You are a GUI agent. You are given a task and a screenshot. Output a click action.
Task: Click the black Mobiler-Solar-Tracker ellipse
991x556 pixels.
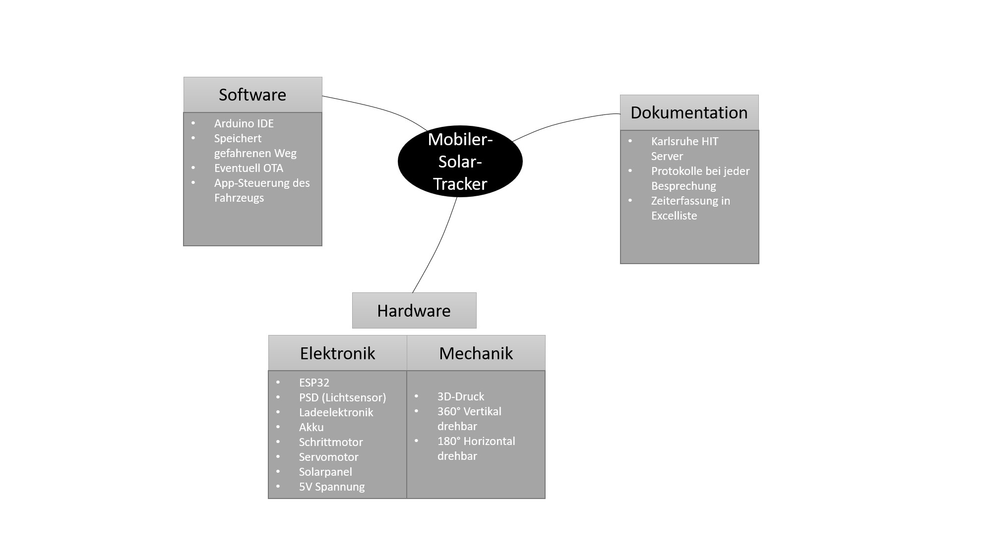point(460,162)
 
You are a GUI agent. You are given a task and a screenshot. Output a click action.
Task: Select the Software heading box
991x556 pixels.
point(252,95)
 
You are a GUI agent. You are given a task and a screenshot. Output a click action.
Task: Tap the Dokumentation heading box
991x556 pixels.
point(689,112)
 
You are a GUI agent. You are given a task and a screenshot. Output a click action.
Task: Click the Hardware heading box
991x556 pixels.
point(414,311)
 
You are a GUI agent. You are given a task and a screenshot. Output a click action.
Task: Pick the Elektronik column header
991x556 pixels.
point(337,353)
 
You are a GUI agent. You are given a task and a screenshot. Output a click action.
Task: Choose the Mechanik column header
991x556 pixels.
point(476,353)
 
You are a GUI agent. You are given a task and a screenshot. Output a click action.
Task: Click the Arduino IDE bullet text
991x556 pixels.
point(244,123)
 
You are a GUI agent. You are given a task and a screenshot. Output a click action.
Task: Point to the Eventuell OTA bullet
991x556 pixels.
point(248,168)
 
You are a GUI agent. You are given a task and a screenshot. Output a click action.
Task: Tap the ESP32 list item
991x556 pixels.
point(314,383)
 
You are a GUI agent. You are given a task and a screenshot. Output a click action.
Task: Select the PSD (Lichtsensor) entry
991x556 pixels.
point(342,397)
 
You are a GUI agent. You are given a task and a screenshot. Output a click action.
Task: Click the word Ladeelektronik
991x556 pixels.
point(336,412)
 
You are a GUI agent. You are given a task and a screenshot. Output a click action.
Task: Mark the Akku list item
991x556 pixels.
point(311,427)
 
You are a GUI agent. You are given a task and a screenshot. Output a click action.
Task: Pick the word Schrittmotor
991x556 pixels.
point(331,442)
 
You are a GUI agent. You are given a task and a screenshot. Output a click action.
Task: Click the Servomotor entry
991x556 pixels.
point(328,457)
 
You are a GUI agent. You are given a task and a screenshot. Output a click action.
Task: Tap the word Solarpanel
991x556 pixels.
point(325,472)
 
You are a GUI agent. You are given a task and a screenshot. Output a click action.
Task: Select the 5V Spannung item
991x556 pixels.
point(331,487)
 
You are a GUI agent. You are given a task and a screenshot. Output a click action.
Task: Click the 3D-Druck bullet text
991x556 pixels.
point(460,396)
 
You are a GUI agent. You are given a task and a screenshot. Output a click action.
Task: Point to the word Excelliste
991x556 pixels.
point(674,216)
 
